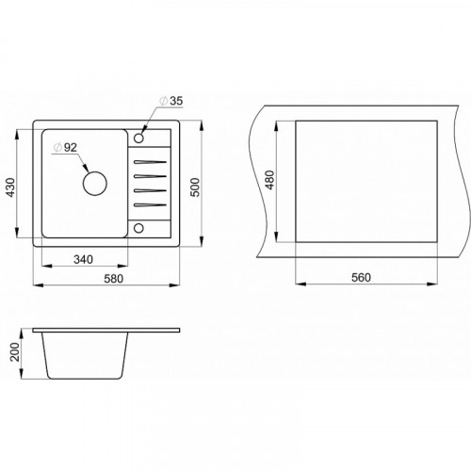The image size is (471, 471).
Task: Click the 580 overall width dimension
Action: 114,279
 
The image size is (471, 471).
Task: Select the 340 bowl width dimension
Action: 83,259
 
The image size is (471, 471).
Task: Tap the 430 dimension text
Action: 11,187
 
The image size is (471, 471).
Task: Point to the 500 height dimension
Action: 195,187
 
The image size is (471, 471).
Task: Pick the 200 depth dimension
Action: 15,351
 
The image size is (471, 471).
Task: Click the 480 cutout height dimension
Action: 269,180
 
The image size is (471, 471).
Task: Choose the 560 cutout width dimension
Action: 361,277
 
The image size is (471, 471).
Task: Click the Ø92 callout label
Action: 65,147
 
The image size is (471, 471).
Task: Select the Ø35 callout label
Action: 171,101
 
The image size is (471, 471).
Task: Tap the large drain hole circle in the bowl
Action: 95,184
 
